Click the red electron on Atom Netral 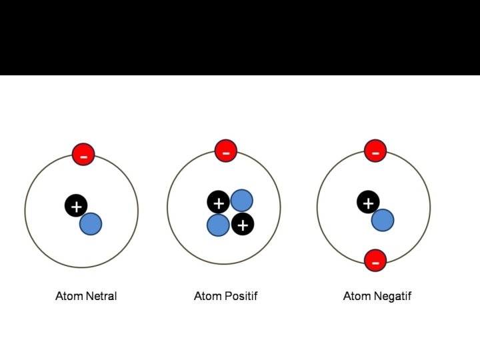point(83,155)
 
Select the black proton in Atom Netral point(76,206)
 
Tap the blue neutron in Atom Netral point(91,224)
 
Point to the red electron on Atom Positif point(226,151)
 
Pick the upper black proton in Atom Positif point(218,202)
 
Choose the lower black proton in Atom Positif point(242,225)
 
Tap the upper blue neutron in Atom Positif point(241,201)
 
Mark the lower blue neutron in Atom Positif point(218,225)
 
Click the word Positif point(241,296)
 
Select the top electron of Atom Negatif point(375,151)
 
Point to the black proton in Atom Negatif point(368,202)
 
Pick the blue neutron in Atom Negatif point(383,220)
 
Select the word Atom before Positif point(208,296)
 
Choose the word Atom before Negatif point(357,296)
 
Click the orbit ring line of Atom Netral point(25,211)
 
